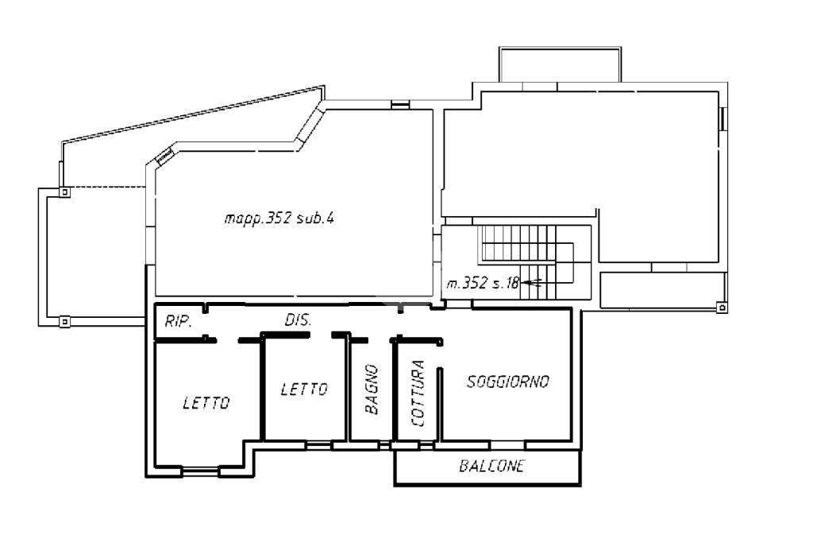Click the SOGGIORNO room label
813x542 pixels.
pyautogui.click(x=507, y=381)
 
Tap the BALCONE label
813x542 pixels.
pyautogui.click(x=491, y=466)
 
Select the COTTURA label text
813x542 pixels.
pyautogui.click(x=418, y=393)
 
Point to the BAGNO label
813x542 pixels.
pyautogui.click(x=372, y=389)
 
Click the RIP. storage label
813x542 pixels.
pyautogui.click(x=179, y=321)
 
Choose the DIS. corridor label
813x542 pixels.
pyautogui.click(x=299, y=319)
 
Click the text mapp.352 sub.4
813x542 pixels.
pyautogui.click(x=279, y=218)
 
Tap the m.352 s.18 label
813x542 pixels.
pyautogui.click(x=483, y=283)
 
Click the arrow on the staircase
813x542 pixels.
pyautogui.click(x=532, y=283)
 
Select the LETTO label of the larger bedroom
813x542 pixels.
pyautogui.click(x=206, y=402)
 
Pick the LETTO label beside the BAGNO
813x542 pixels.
pyautogui.click(x=304, y=389)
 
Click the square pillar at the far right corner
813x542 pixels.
pyautogui.click(x=722, y=308)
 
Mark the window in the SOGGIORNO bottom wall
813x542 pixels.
pyautogui.click(x=507, y=445)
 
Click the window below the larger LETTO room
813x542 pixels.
pyautogui.click(x=200, y=472)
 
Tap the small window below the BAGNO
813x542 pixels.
pyautogui.click(x=384, y=445)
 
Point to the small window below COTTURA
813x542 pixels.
pyautogui.click(x=426, y=445)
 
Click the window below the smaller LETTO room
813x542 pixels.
pyautogui.click(x=318, y=445)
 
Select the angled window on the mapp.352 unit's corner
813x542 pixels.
pyautogui.click(x=164, y=156)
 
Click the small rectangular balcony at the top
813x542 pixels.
pyautogui.click(x=560, y=64)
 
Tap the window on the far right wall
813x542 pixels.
pyautogui.click(x=722, y=118)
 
